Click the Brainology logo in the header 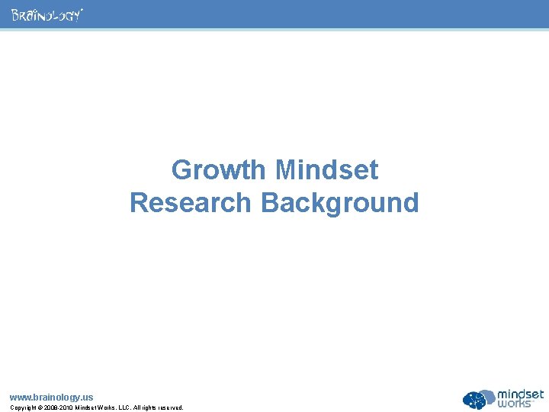pos(47,15)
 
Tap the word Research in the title pos(191,203)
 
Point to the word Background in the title pos(340,203)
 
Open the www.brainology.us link pos(51,398)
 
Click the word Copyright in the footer pos(23,407)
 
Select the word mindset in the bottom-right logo pos(521,394)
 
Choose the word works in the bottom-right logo pos(515,404)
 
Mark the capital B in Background pos(271,203)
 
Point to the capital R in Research pos(140,203)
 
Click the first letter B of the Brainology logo pos(14,15)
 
